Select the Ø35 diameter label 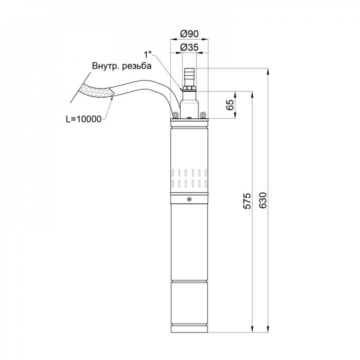click(x=189, y=47)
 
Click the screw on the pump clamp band click(x=189, y=199)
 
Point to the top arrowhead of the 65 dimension click(x=236, y=94)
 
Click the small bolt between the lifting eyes click(x=189, y=117)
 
